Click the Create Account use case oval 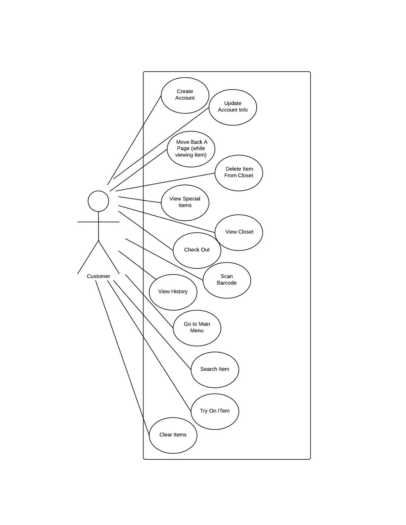(x=185, y=95)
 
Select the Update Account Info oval (x=233, y=107)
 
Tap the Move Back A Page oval (x=191, y=149)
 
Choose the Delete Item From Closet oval (x=239, y=173)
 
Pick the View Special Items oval (x=185, y=202)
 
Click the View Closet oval (x=239, y=232)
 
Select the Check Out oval (x=197, y=250)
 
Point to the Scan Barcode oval (x=227, y=280)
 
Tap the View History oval (x=173, y=292)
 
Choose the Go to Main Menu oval (x=197, y=328)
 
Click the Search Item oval (x=215, y=369)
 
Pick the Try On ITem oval (x=215, y=411)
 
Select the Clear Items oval (x=173, y=435)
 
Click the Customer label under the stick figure (x=98, y=276)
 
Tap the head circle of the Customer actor (x=98, y=201)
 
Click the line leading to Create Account (x=134, y=140)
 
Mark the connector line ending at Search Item (x=152, y=325)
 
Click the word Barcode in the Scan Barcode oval (x=227, y=283)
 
